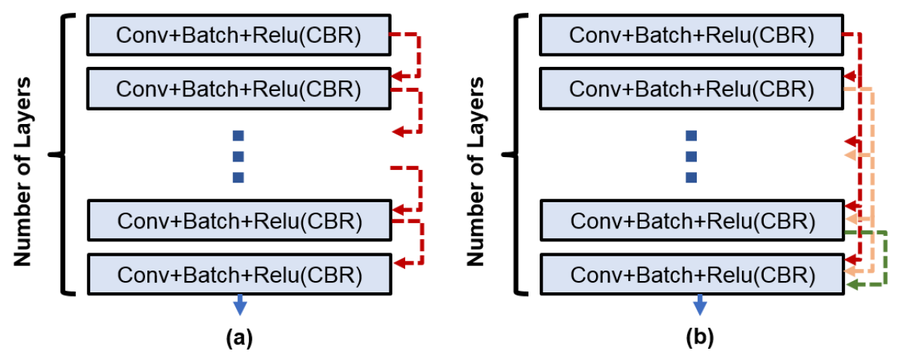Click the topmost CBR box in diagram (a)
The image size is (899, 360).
[x=238, y=35]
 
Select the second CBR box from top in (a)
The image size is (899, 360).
[x=238, y=88]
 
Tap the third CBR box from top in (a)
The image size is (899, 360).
[x=238, y=220]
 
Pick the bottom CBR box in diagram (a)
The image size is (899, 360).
[x=238, y=274]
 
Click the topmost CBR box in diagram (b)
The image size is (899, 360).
[x=692, y=35]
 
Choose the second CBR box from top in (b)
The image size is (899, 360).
[x=692, y=88]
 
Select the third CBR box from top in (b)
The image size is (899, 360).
[x=692, y=220]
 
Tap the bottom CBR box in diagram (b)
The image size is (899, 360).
[x=692, y=274]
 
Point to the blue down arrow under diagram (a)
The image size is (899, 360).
[x=239, y=305]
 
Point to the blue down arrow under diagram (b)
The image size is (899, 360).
[x=700, y=305]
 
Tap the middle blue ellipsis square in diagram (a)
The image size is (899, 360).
[x=239, y=156]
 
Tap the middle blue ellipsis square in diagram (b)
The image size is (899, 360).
[x=692, y=156]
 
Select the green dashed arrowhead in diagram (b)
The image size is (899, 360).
[x=852, y=285]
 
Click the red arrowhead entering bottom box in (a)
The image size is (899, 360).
[x=400, y=262]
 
